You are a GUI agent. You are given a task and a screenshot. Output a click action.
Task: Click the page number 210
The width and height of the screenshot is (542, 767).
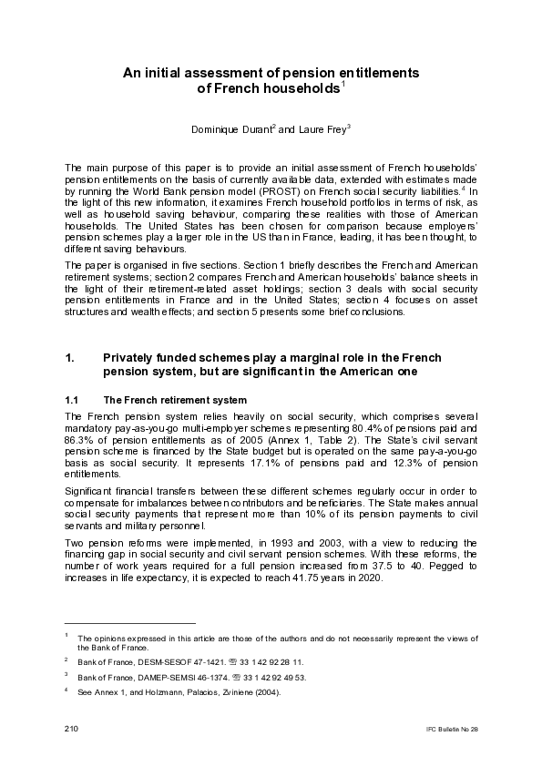(71, 730)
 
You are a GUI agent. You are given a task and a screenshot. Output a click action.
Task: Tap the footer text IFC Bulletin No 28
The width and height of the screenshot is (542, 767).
(451, 731)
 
